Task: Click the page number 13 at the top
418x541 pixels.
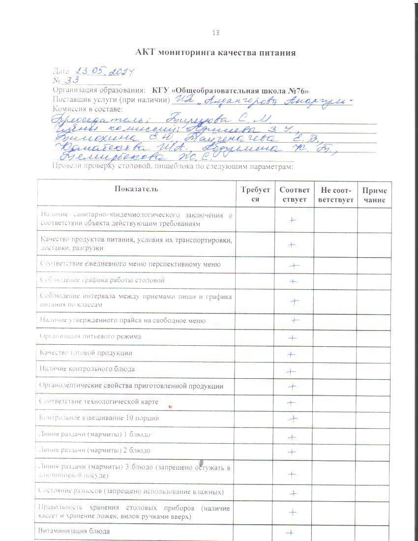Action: click(x=215, y=33)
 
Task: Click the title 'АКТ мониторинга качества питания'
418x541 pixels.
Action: click(x=215, y=52)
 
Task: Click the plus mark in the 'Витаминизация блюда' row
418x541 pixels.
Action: click(x=290, y=532)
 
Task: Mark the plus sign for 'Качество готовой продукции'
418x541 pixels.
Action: click(x=291, y=354)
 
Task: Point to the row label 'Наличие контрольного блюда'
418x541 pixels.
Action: click(x=88, y=369)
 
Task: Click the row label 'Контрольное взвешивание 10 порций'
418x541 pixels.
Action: click(x=99, y=418)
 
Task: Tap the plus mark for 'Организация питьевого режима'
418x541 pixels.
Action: click(x=292, y=338)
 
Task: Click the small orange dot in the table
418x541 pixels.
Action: click(x=170, y=407)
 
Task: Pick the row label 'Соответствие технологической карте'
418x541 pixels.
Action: click(x=99, y=402)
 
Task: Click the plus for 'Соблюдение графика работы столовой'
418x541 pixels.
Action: click(x=293, y=281)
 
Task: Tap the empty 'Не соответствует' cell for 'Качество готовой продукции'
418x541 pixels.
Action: click(x=335, y=353)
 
